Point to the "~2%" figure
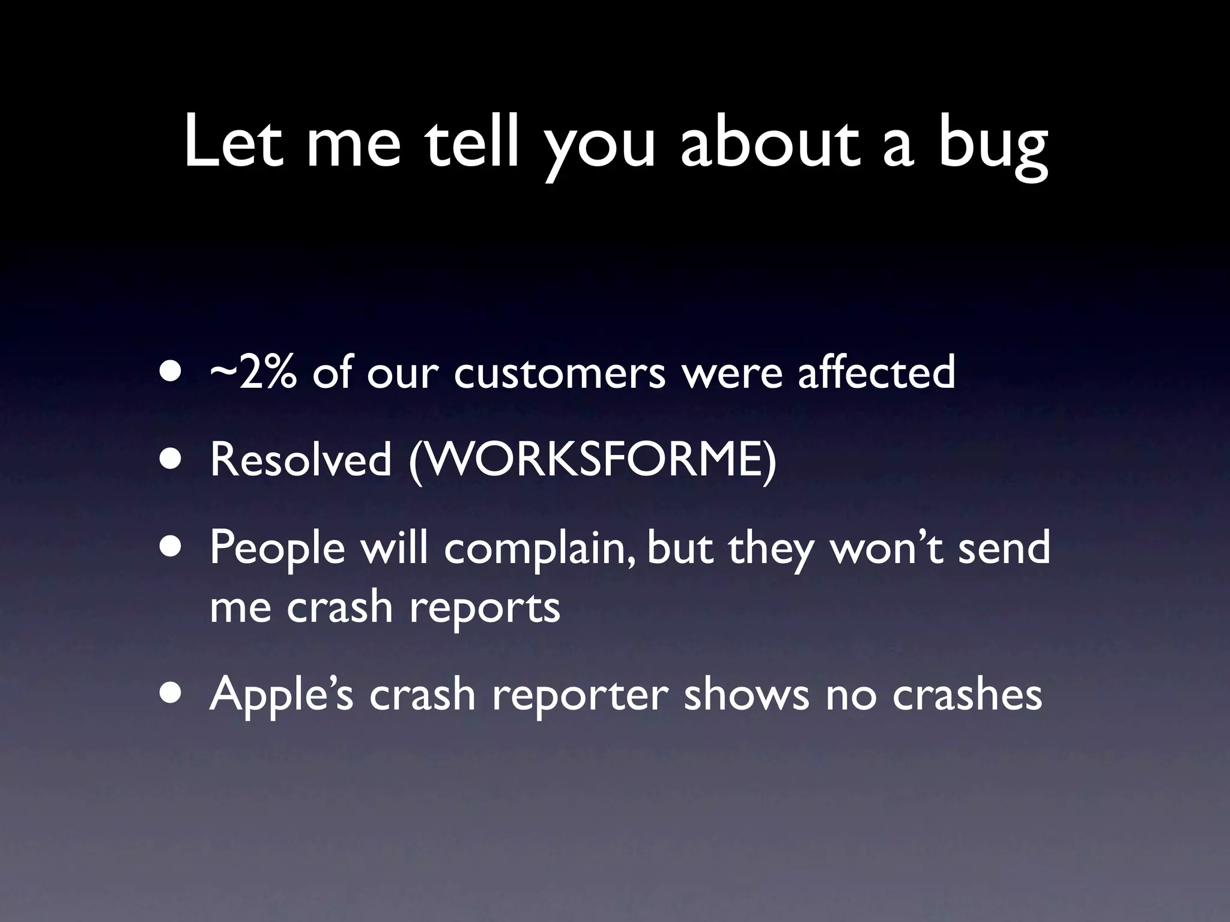[x=253, y=372]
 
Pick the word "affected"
[x=876, y=372]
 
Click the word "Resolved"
[x=300, y=460]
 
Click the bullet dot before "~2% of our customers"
[x=172, y=373]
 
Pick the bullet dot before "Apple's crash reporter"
[x=172, y=694]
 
